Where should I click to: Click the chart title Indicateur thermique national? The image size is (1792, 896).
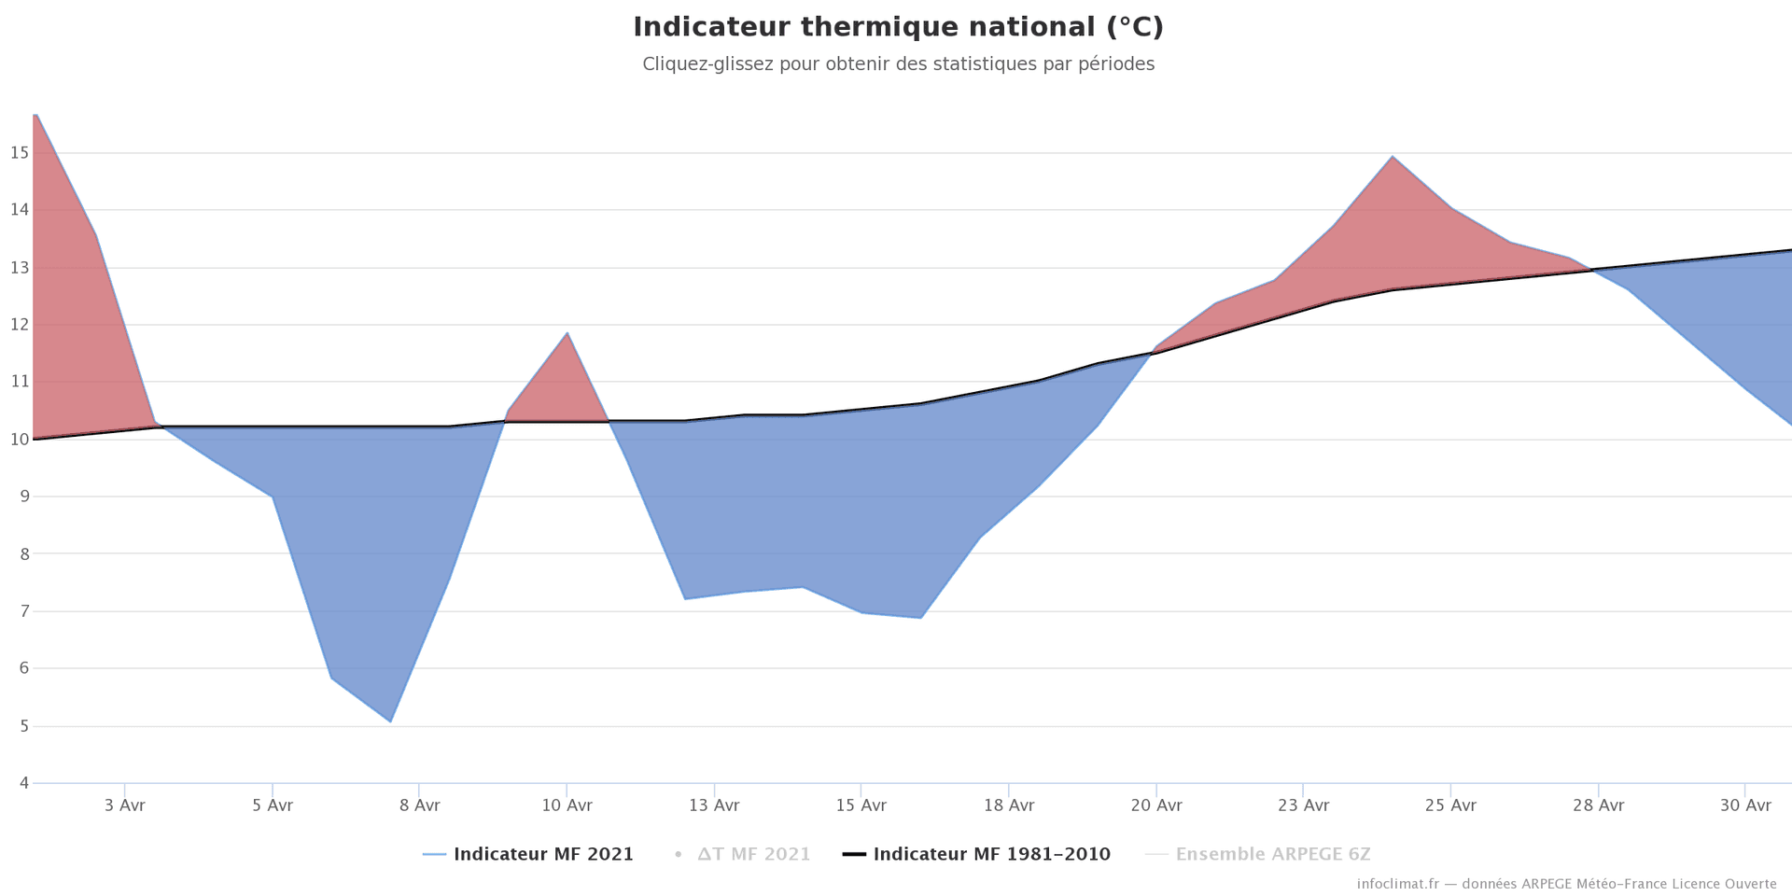pyautogui.click(x=898, y=28)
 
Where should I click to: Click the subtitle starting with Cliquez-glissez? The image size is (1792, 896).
pyautogui.click(x=898, y=64)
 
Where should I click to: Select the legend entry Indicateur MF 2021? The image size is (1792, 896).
pyautogui.click(x=543, y=854)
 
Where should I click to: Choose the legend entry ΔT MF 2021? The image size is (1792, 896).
pyautogui.click(x=753, y=854)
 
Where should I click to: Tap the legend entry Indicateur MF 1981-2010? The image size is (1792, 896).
pyautogui.click(x=991, y=854)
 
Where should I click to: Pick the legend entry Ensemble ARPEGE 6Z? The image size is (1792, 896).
pyautogui.click(x=1272, y=854)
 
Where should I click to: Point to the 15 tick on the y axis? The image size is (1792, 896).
pyautogui.click(x=20, y=153)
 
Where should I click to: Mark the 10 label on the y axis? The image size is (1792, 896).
pyautogui.click(x=20, y=440)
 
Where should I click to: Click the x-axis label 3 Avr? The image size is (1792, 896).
pyautogui.click(x=124, y=805)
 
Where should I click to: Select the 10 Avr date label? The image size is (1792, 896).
pyautogui.click(x=567, y=805)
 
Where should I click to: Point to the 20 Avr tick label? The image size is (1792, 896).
pyautogui.click(x=1156, y=805)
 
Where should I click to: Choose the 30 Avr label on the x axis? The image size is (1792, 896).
pyautogui.click(x=1745, y=805)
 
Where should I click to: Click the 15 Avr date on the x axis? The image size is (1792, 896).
pyautogui.click(x=861, y=805)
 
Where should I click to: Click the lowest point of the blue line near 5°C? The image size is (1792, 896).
pyautogui.click(x=390, y=721)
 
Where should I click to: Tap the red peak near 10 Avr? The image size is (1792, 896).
pyautogui.click(x=567, y=333)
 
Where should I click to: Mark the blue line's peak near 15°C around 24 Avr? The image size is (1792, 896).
pyautogui.click(x=1393, y=157)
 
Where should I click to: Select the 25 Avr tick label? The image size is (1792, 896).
pyautogui.click(x=1450, y=805)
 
